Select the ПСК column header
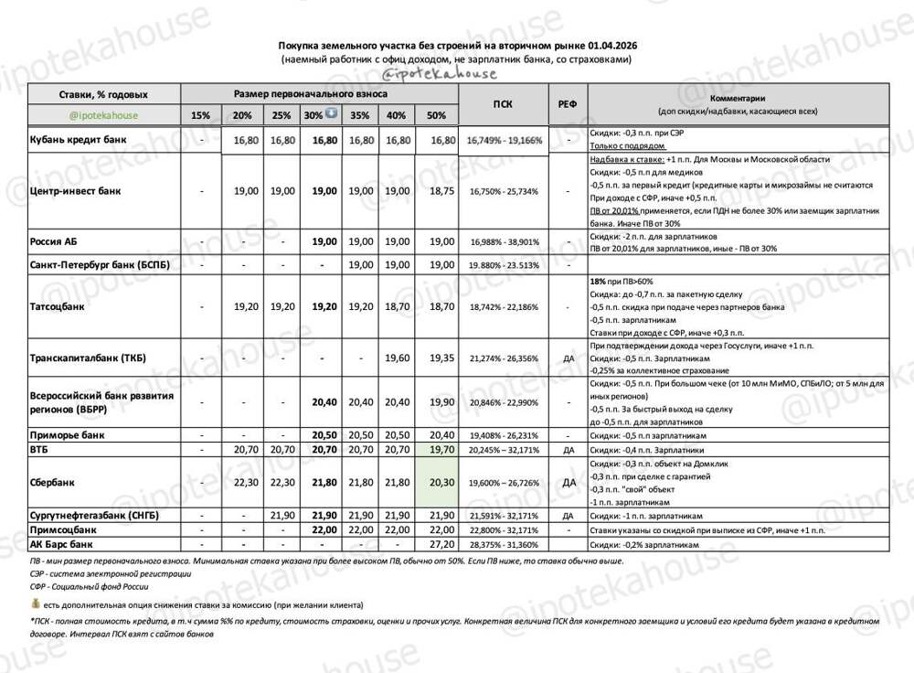pos(503,104)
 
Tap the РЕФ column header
pos(567,104)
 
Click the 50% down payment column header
pos(437,115)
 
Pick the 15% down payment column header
pos(200,115)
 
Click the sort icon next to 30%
pos(331,114)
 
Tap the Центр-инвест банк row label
pos(77,191)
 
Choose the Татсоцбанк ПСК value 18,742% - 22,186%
pos(503,307)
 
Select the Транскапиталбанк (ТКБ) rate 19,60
pos(397,358)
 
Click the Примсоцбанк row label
pos(64,529)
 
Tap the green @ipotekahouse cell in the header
pos(102,115)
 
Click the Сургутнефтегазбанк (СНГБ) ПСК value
pos(503,516)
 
